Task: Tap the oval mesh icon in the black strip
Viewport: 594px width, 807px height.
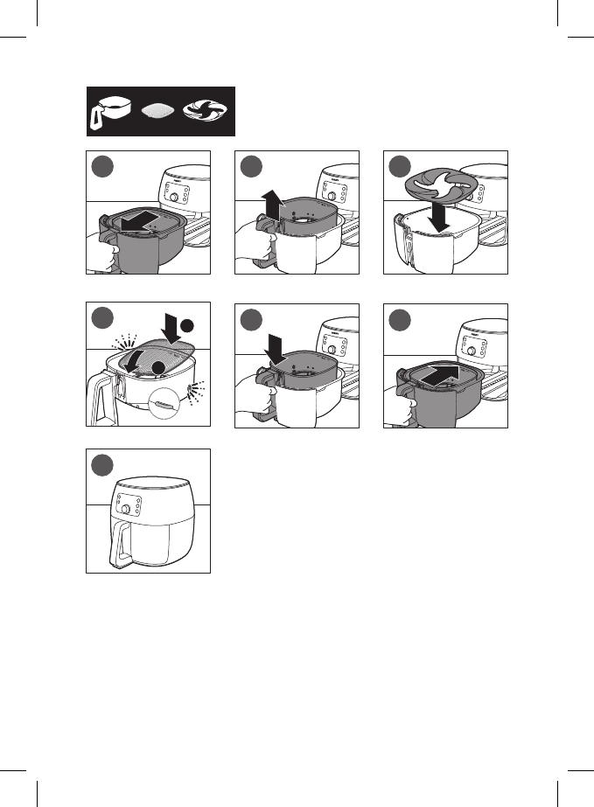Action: pos(160,113)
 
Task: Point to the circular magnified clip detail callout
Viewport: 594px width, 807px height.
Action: pos(165,403)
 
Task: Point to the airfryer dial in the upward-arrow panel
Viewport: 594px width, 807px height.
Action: pos(324,198)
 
